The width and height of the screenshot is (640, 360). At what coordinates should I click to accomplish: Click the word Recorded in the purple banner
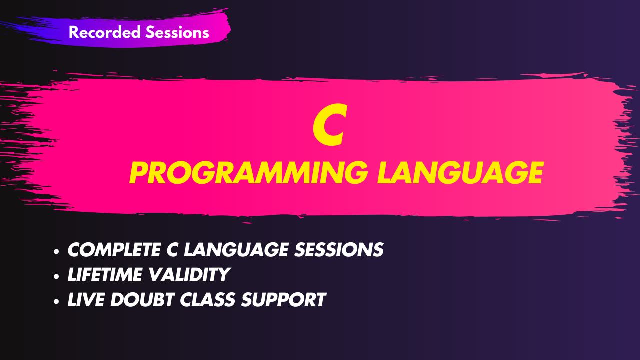(105, 32)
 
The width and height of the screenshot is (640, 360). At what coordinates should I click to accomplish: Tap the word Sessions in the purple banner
(177, 32)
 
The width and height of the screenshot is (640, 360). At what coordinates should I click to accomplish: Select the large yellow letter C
(330, 124)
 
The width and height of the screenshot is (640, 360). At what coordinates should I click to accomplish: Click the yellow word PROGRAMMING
(249, 173)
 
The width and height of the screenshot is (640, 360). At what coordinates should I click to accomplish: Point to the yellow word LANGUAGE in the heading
(460, 173)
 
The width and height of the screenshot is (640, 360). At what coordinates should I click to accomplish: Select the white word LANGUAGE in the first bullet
(236, 250)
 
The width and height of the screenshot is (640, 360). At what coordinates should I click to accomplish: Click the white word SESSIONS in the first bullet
(339, 250)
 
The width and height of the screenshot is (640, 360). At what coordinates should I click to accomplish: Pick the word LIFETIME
(105, 275)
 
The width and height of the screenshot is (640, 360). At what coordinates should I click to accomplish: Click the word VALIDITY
(189, 275)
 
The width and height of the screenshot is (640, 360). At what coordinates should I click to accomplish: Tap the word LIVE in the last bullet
(86, 300)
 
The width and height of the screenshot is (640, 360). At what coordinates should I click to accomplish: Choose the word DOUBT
(142, 300)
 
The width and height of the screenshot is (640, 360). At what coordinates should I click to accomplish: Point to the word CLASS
(207, 300)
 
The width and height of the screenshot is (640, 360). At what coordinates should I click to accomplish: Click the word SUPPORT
(283, 300)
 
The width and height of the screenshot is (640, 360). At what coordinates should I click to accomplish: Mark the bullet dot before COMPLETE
(56, 251)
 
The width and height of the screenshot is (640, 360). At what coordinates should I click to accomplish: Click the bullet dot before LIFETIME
(56, 276)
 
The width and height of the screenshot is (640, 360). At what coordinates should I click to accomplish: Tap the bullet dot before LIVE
(56, 301)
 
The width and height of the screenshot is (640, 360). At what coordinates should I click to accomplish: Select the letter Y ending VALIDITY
(222, 275)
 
